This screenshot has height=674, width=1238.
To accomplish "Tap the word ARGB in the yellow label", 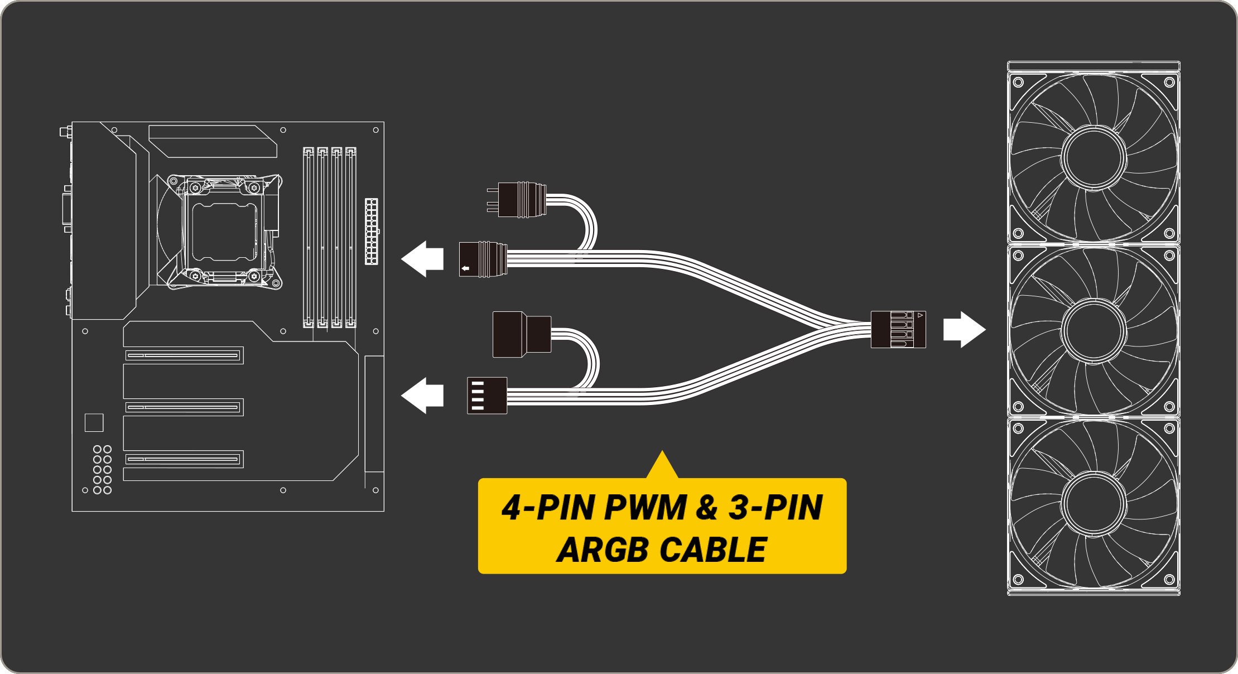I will click(x=605, y=550).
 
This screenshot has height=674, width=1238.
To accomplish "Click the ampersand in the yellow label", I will click(x=707, y=508).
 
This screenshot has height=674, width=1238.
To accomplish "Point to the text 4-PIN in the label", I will click(x=548, y=508).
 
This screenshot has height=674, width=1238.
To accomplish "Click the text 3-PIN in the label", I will click(x=775, y=508).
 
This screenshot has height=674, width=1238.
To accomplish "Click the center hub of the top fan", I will click(x=1094, y=157).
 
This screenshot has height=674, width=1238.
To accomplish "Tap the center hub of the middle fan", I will click(x=1094, y=330).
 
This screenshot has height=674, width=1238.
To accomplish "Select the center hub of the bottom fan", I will click(x=1094, y=503).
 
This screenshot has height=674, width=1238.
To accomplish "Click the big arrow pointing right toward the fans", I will click(x=964, y=329).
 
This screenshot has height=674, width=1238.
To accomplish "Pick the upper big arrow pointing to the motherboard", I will click(x=422, y=259).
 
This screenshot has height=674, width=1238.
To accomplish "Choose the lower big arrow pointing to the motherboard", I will click(x=422, y=396).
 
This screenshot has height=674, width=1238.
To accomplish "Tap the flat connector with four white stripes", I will click(x=487, y=396).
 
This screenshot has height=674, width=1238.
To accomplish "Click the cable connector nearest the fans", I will click(x=898, y=329).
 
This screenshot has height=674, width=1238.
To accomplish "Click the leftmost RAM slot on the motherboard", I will click(x=308, y=237).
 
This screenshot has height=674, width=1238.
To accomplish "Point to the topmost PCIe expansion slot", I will click(x=184, y=355).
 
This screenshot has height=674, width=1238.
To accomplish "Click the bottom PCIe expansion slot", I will click(x=184, y=459).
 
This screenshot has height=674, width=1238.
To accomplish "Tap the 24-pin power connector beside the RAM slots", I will click(x=371, y=231).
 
